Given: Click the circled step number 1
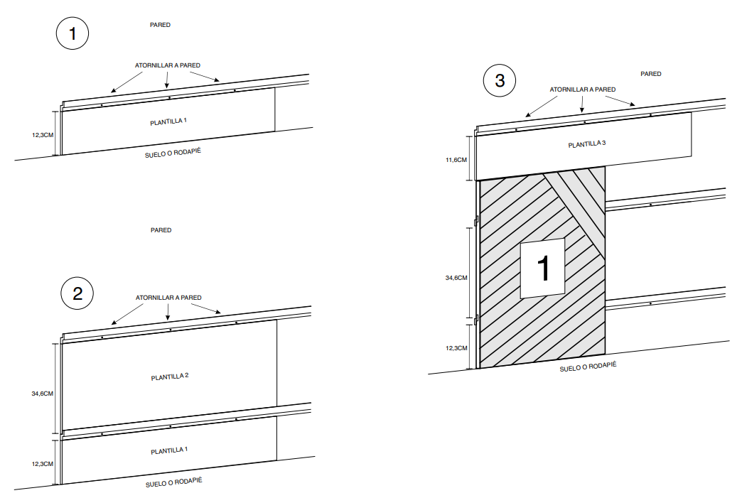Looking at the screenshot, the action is coord(72,33).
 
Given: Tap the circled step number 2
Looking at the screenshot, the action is coord(77,293).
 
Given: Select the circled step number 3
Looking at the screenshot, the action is coord(500,80).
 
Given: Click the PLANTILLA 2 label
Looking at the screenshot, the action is coord(170,377).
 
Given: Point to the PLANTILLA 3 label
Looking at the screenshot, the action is coord(587,144).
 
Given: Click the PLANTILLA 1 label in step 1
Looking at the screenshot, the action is coord(168,121).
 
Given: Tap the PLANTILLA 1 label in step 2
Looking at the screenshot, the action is coord(169,450).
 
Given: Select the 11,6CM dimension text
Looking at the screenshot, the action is coord(456,160).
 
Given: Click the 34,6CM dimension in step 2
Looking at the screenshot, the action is coord(43,394).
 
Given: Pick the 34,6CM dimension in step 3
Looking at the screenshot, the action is coord(456,278).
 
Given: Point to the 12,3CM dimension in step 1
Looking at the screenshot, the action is coord(43,135).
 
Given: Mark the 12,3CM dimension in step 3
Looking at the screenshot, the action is coord(456,348).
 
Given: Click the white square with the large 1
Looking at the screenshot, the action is coord(542,268).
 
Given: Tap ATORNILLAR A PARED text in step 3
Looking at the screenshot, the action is coord(583,90).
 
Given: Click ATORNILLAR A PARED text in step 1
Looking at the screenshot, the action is coord(168,65).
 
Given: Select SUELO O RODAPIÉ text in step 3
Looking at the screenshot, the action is coord(588,367).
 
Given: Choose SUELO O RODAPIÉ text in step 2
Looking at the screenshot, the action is coord(173,482).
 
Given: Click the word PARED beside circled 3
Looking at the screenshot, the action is coord(650,74).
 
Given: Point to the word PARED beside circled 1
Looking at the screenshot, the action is coord(160,25).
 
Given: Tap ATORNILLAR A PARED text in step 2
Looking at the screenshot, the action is coord(168,298).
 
